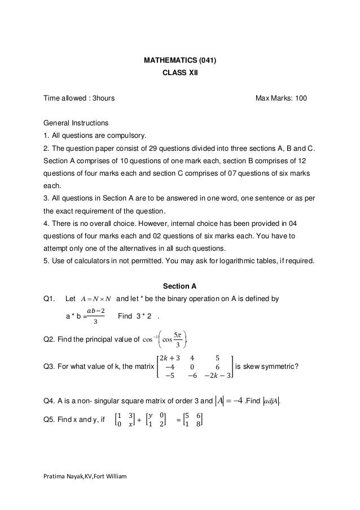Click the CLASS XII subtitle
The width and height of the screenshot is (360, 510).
tap(179, 73)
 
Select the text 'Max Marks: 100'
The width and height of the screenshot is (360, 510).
tap(281, 98)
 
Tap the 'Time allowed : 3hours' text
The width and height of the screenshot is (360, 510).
tap(80, 98)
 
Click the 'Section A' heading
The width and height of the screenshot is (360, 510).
tap(179, 285)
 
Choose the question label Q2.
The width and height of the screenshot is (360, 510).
tap(50, 339)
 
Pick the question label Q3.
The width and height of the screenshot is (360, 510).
tap(50, 368)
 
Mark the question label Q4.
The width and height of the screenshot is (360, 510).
tap(50, 402)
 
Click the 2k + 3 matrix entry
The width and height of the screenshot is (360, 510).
tap(170, 356)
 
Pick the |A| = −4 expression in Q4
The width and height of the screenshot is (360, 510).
tap(230, 402)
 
